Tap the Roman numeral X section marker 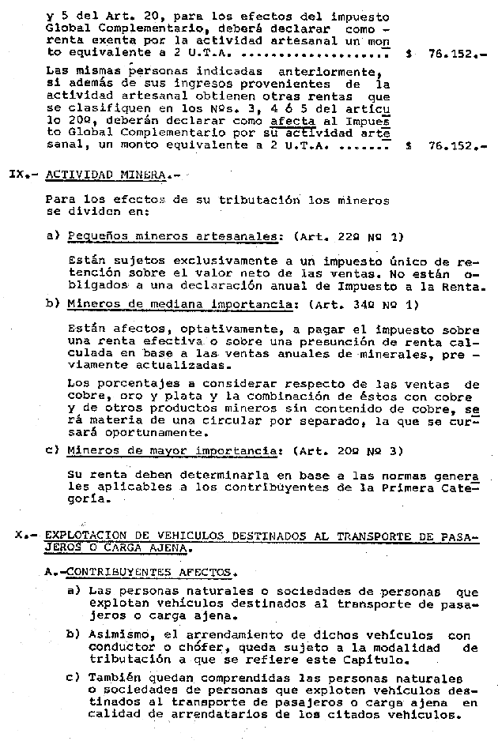(x=20, y=536)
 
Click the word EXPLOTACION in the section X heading (x=82, y=536)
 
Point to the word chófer (x=177, y=647)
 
